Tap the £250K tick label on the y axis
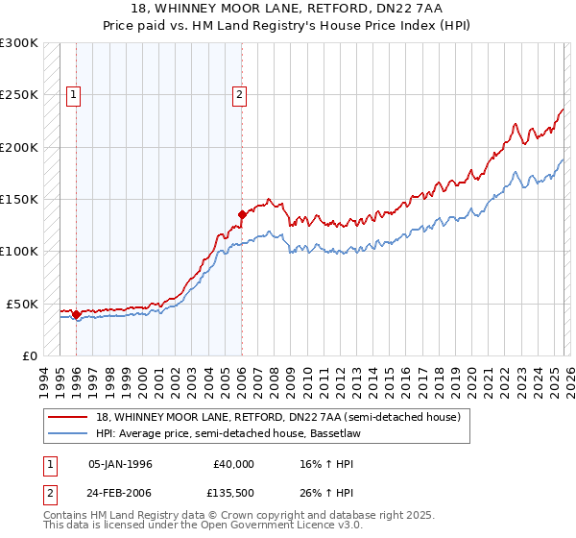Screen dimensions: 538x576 click(x=19, y=95)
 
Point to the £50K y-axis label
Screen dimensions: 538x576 click(x=22, y=304)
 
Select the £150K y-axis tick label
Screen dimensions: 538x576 click(x=19, y=199)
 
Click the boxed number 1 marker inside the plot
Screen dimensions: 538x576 click(x=74, y=94)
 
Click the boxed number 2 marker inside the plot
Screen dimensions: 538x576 click(x=239, y=94)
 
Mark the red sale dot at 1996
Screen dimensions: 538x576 click(x=76, y=313)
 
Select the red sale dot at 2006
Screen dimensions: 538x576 click(x=242, y=214)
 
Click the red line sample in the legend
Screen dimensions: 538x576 click(x=67, y=417)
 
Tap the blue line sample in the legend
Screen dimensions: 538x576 click(x=67, y=433)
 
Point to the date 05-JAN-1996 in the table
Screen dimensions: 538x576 click(x=120, y=464)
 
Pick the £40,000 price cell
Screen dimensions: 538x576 click(x=233, y=464)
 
